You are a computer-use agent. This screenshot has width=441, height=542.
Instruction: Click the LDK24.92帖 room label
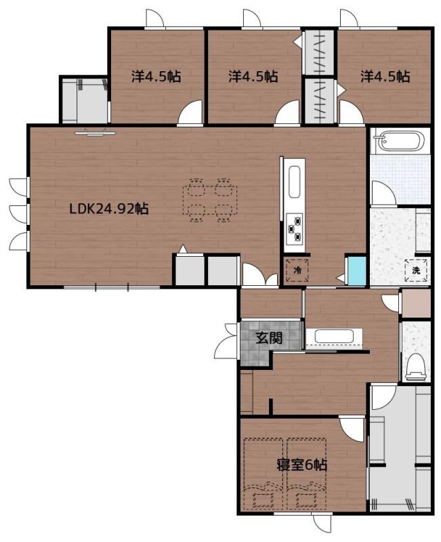tap(109, 209)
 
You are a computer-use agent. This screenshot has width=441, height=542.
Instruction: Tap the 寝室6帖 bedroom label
tap(301, 465)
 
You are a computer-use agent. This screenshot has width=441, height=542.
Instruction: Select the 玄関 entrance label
tap(269, 337)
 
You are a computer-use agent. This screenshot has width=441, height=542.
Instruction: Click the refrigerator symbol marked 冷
tap(297, 270)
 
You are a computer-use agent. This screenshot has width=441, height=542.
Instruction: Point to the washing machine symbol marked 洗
tap(416, 270)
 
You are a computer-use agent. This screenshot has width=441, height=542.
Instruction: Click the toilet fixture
tap(415, 366)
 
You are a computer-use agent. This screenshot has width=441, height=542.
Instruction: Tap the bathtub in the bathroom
tap(400, 141)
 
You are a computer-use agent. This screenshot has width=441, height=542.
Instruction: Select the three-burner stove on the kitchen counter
tap(295, 228)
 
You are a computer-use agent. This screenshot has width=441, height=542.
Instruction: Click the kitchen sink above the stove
tap(295, 182)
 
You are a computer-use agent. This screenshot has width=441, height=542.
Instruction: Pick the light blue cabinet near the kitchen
tap(357, 271)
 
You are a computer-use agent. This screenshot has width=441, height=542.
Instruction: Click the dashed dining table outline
tap(210, 200)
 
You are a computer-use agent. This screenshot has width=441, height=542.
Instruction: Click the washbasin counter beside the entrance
tap(334, 337)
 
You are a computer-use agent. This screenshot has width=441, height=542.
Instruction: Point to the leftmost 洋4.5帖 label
tap(156, 76)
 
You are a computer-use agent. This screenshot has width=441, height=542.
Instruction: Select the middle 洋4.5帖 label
tap(253, 76)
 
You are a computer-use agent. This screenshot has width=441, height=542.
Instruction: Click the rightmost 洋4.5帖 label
tap(385, 76)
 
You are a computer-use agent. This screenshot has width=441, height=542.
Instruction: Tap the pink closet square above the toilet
tap(417, 303)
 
